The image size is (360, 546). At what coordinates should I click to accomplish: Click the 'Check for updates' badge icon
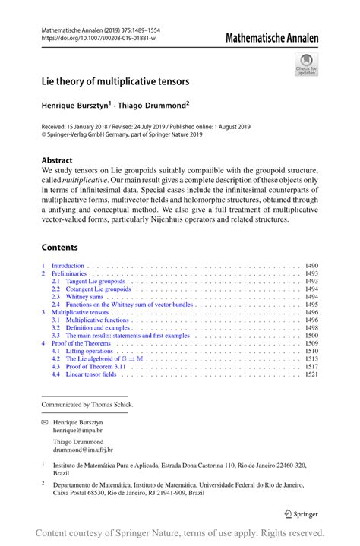click(x=308, y=64)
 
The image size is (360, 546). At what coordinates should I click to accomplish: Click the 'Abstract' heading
click(x=57, y=160)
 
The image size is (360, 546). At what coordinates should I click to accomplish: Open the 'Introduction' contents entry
click(x=68, y=266)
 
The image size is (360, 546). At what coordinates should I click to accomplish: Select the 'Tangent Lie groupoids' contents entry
click(x=96, y=281)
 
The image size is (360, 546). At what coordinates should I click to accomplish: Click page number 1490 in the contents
click(x=311, y=266)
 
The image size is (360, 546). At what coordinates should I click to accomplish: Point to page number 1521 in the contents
click(x=311, y=374)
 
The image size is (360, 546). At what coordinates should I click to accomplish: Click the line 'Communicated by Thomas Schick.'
click(x=87, y=405)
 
